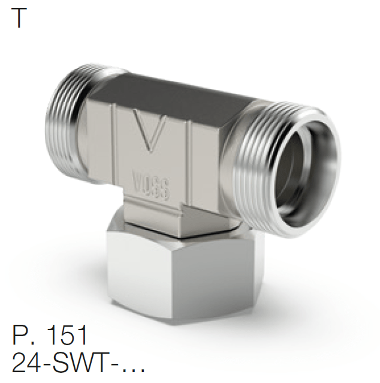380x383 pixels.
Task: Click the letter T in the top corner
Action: tap(19, 19)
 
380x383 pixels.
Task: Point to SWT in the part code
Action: tap(75, 363)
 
